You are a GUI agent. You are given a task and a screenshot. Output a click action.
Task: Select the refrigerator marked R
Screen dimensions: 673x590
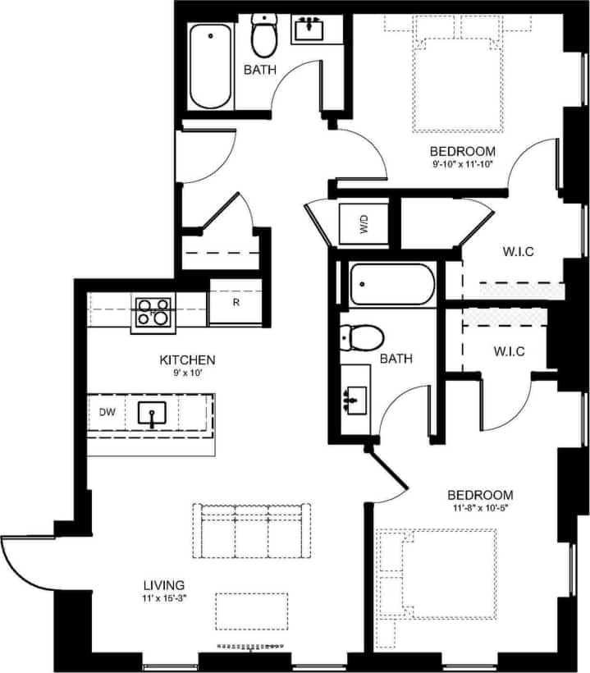[236, 302]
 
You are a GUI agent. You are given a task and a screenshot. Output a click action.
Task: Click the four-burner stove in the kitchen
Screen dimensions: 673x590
[153, 314]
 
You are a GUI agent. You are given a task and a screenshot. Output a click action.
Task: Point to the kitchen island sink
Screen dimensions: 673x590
[153, 414]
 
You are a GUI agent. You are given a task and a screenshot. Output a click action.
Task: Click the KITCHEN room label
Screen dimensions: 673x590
[187, 359]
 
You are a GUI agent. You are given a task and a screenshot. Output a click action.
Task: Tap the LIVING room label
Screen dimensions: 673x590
[164, 585]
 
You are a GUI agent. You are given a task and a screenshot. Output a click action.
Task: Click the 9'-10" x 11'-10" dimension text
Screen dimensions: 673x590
[463, 165]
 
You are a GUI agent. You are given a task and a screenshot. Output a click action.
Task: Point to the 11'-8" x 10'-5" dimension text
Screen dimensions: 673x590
[480, 509]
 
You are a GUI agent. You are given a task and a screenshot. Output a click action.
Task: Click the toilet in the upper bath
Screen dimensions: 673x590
[264, 35]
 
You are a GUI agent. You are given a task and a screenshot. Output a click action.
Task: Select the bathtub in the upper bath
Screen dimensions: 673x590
[210, 66]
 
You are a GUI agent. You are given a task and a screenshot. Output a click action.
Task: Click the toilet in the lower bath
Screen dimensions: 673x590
[362, 336]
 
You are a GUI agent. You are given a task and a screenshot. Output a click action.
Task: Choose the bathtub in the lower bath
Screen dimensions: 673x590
[390, 285]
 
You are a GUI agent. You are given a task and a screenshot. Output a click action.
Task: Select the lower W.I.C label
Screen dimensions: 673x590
[509, 352]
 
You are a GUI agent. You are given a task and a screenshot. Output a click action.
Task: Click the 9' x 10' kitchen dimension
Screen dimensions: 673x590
[187, 373]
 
